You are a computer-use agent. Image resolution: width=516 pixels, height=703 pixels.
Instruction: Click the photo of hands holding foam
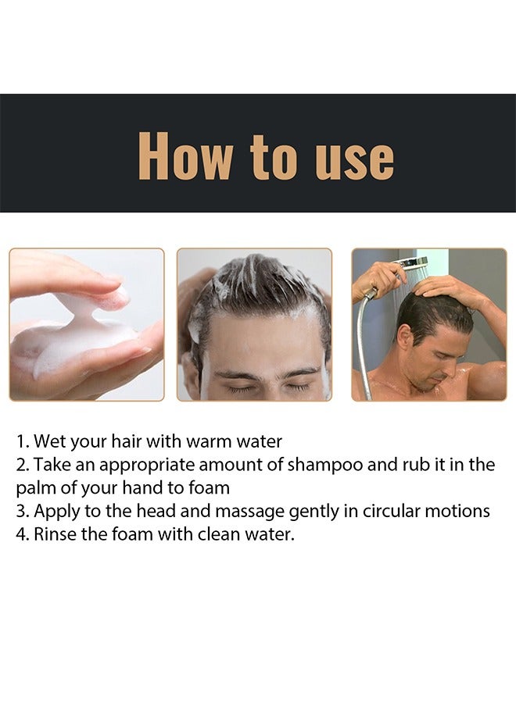pyautogui.click(x=86, y=325)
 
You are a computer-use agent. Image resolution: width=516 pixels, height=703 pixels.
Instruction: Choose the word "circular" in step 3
pyautogui.click(x=386, y=512)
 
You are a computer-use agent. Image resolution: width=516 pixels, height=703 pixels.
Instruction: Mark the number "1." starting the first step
pyautogui.click(x=22, y=442)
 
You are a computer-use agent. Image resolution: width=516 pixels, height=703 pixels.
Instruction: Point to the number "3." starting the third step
pyautogui.click(x=22, y=512)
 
